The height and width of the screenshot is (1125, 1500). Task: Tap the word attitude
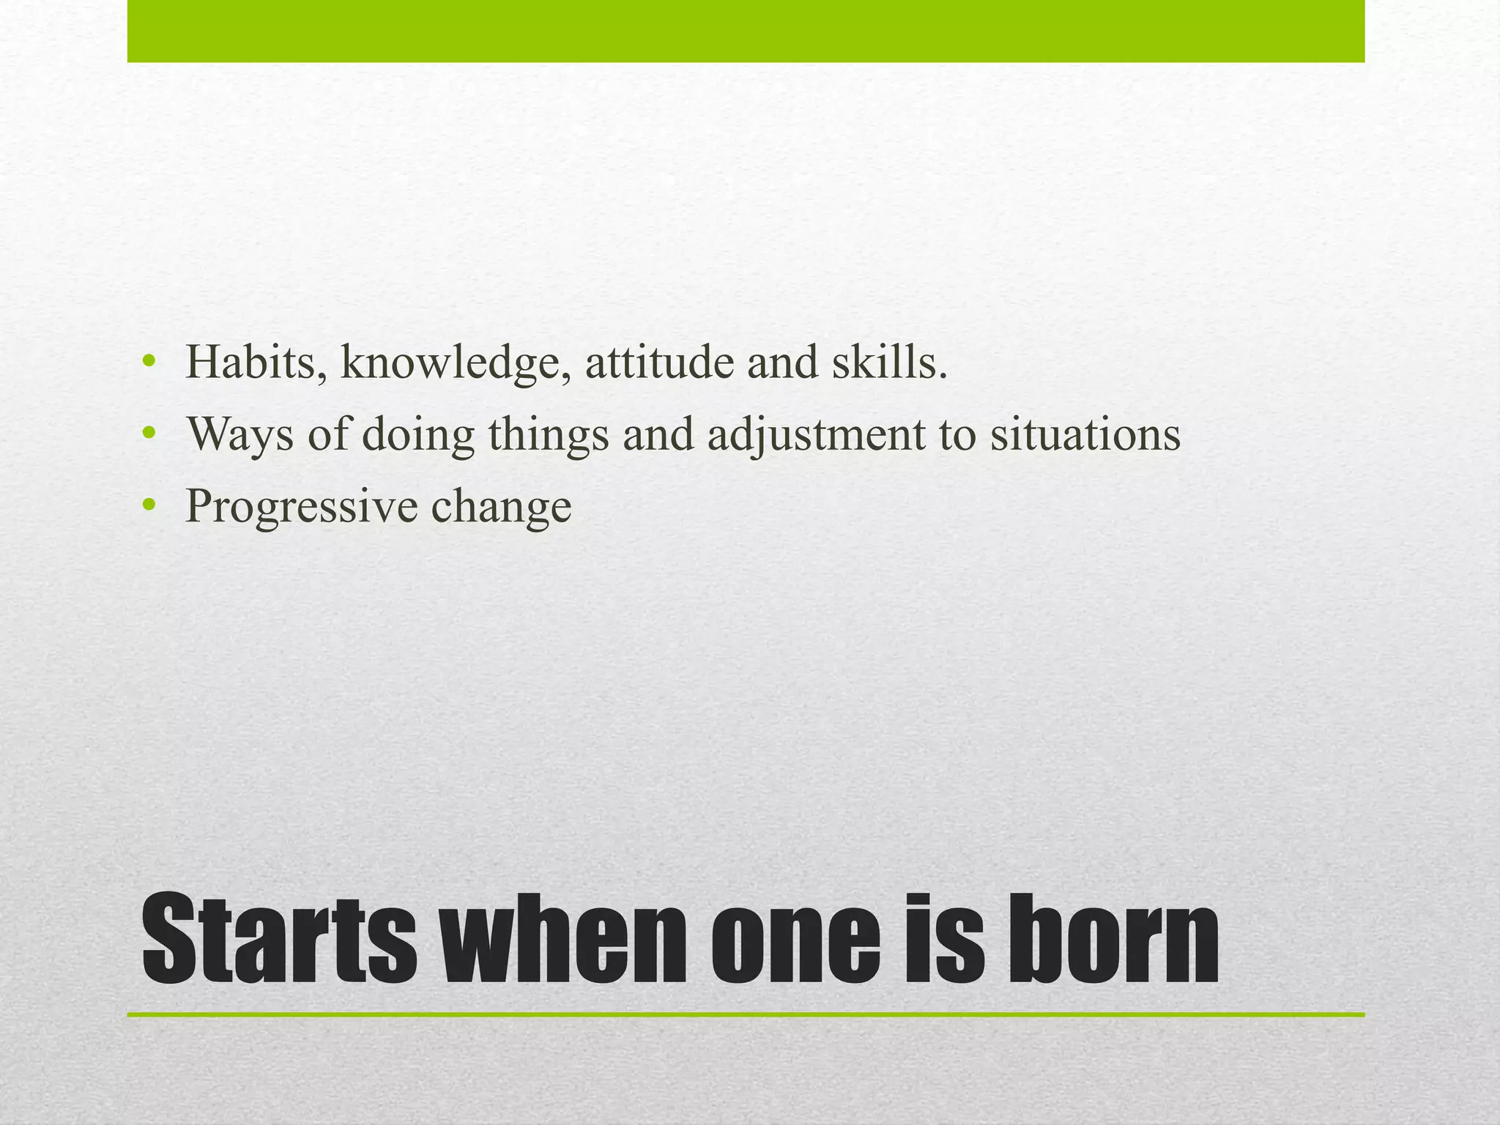pos(659,363)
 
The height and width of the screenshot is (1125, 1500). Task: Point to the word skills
pos(889,363)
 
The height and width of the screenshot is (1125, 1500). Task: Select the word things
pos(549,435)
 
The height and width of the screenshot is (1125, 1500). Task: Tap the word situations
pos(1085,434)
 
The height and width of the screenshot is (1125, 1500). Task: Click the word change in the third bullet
pos(501,507)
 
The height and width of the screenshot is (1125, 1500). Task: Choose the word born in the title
pos(1113,940)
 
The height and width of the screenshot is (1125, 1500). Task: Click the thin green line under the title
pos(746,1015)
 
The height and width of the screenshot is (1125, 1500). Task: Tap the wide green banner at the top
pos(746,31)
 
